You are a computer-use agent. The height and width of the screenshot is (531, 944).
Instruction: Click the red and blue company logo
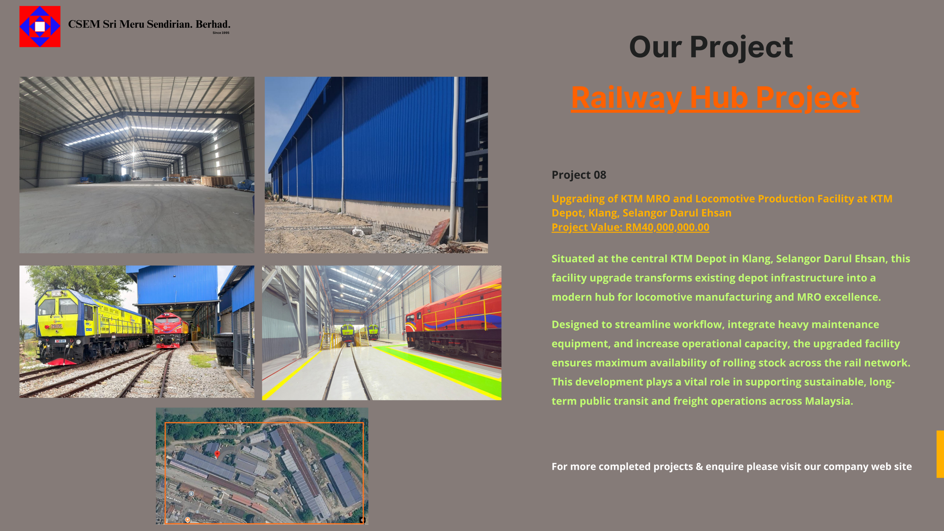[40, 27]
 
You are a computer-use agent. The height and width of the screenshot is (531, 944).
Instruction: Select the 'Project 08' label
[579, 175]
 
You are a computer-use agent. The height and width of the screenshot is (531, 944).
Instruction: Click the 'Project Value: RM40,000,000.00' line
[631, 227]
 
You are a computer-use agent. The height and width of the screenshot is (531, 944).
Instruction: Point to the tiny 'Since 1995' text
[221, 33]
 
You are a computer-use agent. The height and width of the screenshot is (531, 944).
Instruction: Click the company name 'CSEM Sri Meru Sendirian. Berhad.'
[149, 24]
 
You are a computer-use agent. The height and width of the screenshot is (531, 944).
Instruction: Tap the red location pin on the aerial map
[217, 454]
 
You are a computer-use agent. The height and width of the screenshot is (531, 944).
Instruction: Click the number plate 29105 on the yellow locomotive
[56, 326]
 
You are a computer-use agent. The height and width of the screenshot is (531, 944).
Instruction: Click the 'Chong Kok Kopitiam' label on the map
[204, 520]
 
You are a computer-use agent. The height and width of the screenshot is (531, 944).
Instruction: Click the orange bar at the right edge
[940, 454]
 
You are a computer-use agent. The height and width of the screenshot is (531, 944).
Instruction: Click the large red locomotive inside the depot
[454, 324]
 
